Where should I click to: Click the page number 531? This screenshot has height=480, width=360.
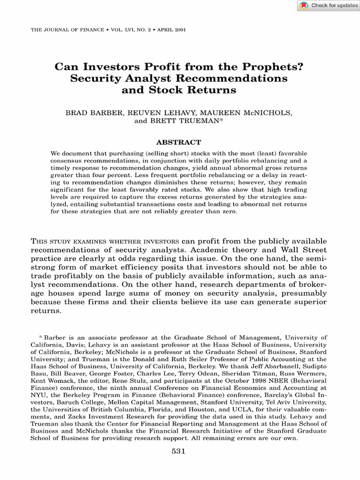click(180, 451)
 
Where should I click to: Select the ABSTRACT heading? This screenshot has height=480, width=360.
click(178, 142)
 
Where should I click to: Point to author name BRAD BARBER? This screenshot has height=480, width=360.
click(90, 112)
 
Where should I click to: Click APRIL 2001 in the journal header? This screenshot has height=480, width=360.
click(173, 30)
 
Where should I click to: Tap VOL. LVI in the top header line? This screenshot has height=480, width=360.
click(123, 30)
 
